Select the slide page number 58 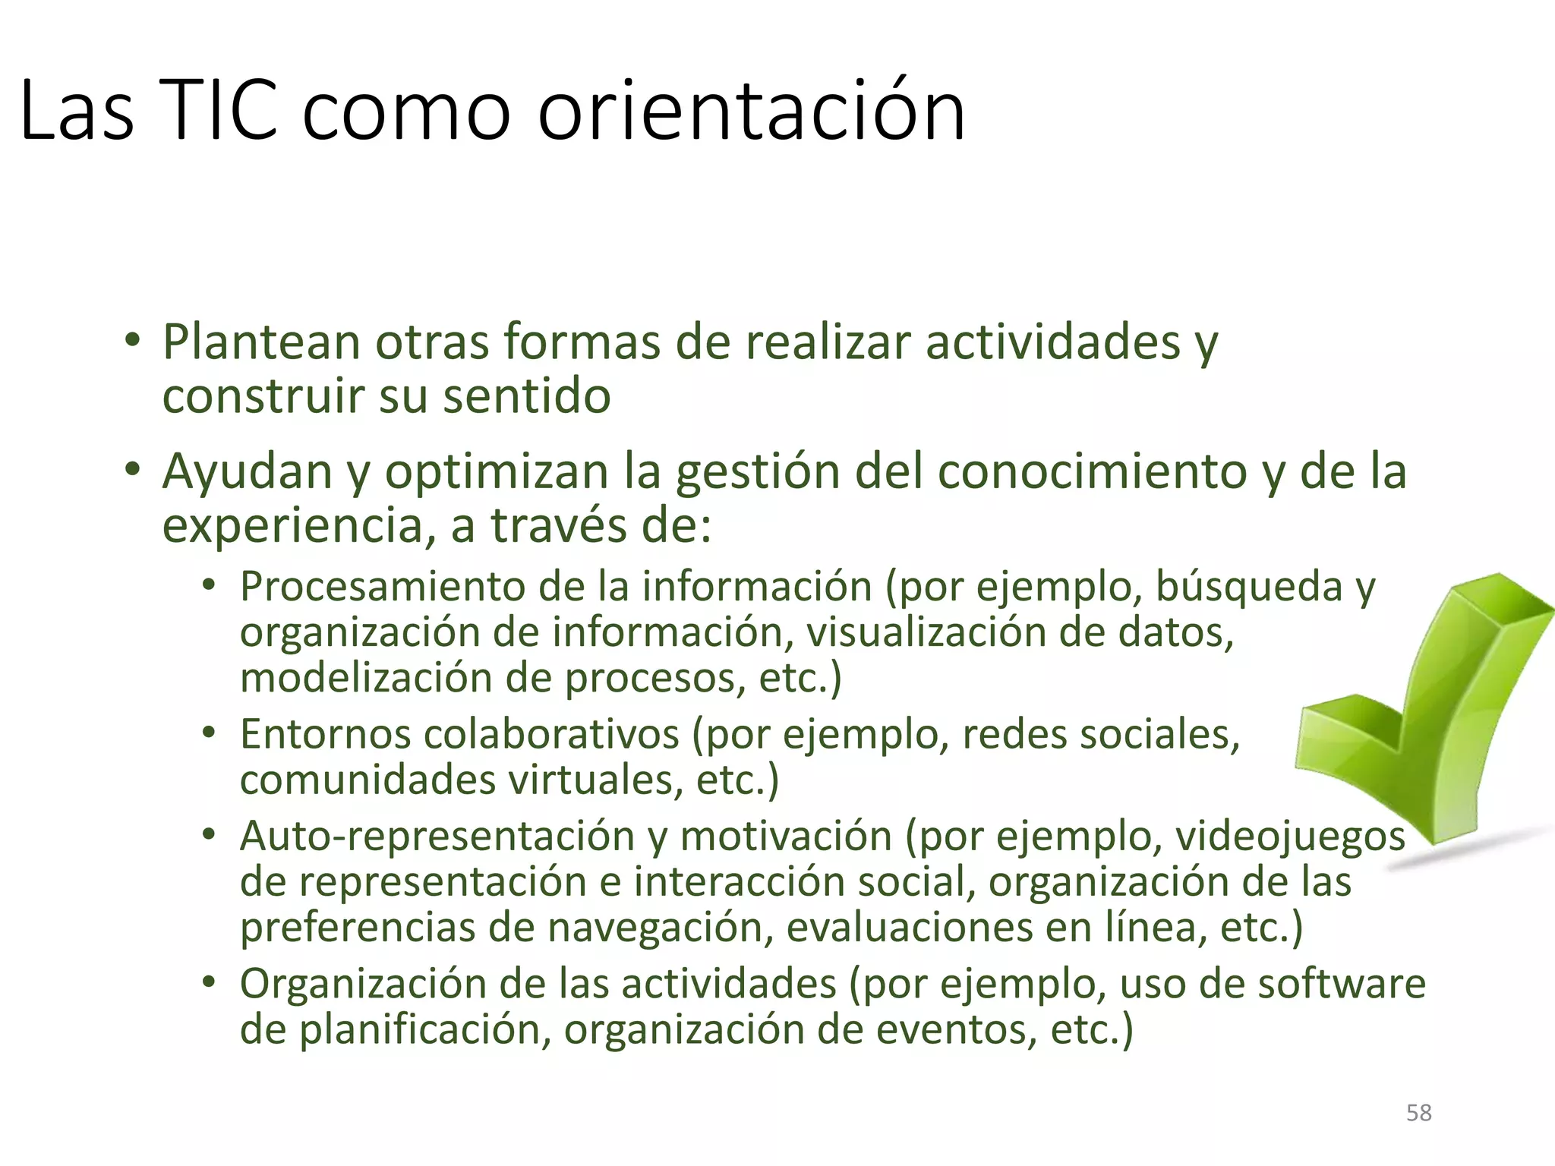(1418, 1113)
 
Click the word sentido (526, 395)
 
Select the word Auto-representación (437, 836)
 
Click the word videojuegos (1290, 836)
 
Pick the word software (1342, 984)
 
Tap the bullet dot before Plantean (134, 341)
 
